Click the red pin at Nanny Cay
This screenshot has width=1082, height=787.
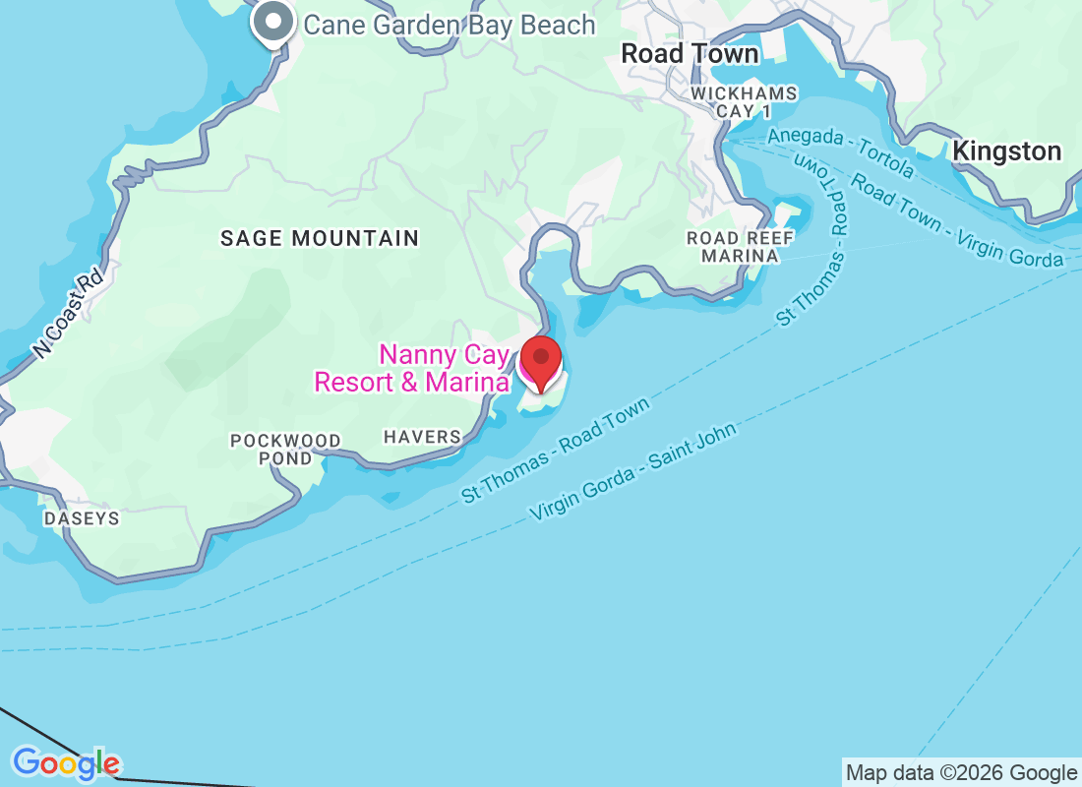coord(540,362)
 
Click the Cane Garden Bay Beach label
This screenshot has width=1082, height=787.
coord(450,25)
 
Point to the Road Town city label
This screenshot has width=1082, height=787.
coord(690,54)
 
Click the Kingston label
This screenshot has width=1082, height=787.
coord(1007,151)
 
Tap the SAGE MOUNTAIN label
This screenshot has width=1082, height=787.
coord(320,238)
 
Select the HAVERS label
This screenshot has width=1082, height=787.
coord(422,437)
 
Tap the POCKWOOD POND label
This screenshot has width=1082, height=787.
coord(285,449)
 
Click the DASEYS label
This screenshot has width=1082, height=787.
coord(81,518)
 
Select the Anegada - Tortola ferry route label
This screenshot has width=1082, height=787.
coord(841,153)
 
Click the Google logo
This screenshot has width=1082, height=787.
coord(66,763)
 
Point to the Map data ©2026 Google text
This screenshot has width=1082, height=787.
coord(961,773)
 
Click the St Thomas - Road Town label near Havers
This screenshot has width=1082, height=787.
coord(557,452)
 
